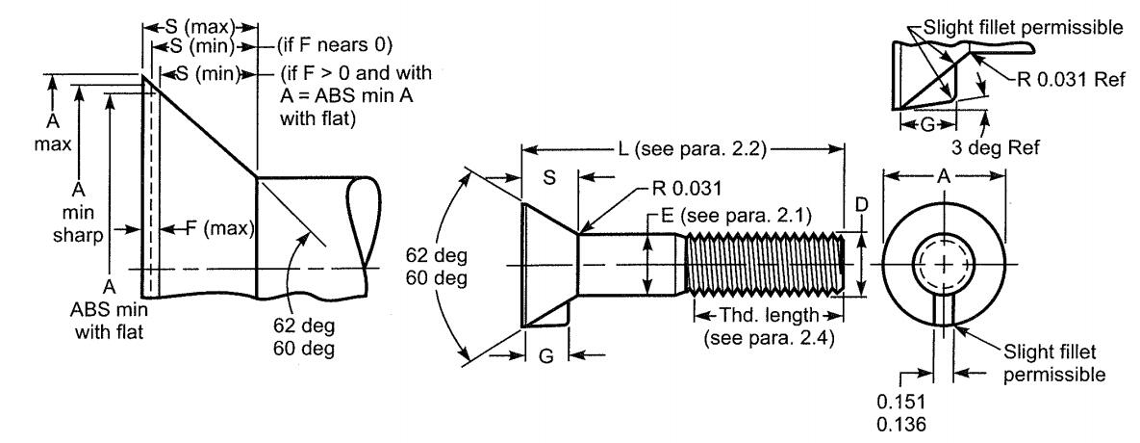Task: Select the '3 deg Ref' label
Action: [996, 147]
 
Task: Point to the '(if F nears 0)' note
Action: [334, 45]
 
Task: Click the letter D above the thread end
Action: [861, 206]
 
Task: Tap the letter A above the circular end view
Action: [944, 176]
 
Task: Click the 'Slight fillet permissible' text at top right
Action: [1022, 28]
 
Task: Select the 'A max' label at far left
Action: [52, 132]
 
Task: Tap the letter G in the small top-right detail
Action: [927, 125]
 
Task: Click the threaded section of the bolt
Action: [765, 265]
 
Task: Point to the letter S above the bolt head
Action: [549, 177]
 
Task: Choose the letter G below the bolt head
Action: [546, 355]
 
